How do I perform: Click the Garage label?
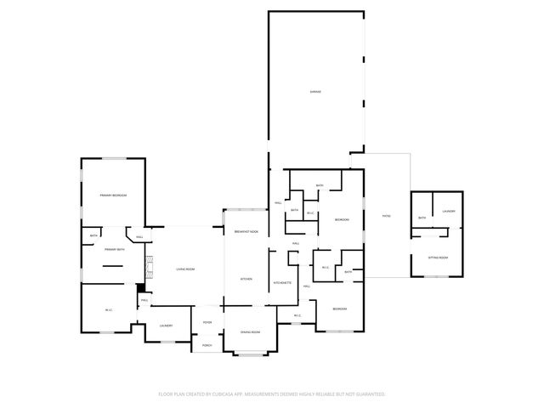[314, 91]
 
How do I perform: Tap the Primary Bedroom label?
[112, 195]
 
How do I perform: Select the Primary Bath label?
[115, 250]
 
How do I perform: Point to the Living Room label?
[185, 269]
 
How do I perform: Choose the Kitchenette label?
[283, 282]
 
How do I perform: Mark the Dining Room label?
[250, 331]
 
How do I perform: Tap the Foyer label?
[207, 322]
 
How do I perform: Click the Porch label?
[207, 344]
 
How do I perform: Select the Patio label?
[385, 215]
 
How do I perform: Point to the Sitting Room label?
[438, 257]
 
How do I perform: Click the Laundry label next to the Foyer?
[166, 326]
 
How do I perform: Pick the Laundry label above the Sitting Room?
[449, 211]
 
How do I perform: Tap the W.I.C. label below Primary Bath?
[109, 309]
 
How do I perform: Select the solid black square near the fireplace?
[141, 287]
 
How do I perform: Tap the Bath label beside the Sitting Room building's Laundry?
[422, 218]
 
